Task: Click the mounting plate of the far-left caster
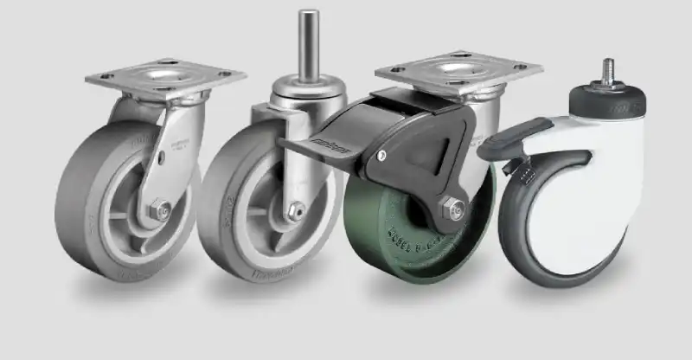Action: [x=164, y=78]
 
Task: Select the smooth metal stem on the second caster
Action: [x=306, y=43]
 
